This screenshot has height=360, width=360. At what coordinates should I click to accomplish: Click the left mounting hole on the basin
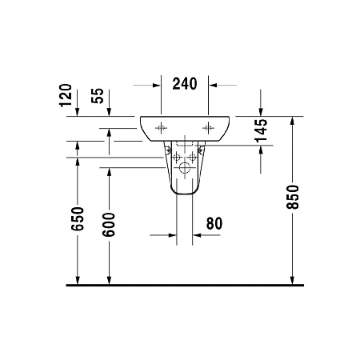(160, 126)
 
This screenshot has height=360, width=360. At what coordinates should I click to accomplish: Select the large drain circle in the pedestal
(186, 168)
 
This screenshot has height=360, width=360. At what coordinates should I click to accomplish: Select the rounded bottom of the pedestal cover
(186, 193)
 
